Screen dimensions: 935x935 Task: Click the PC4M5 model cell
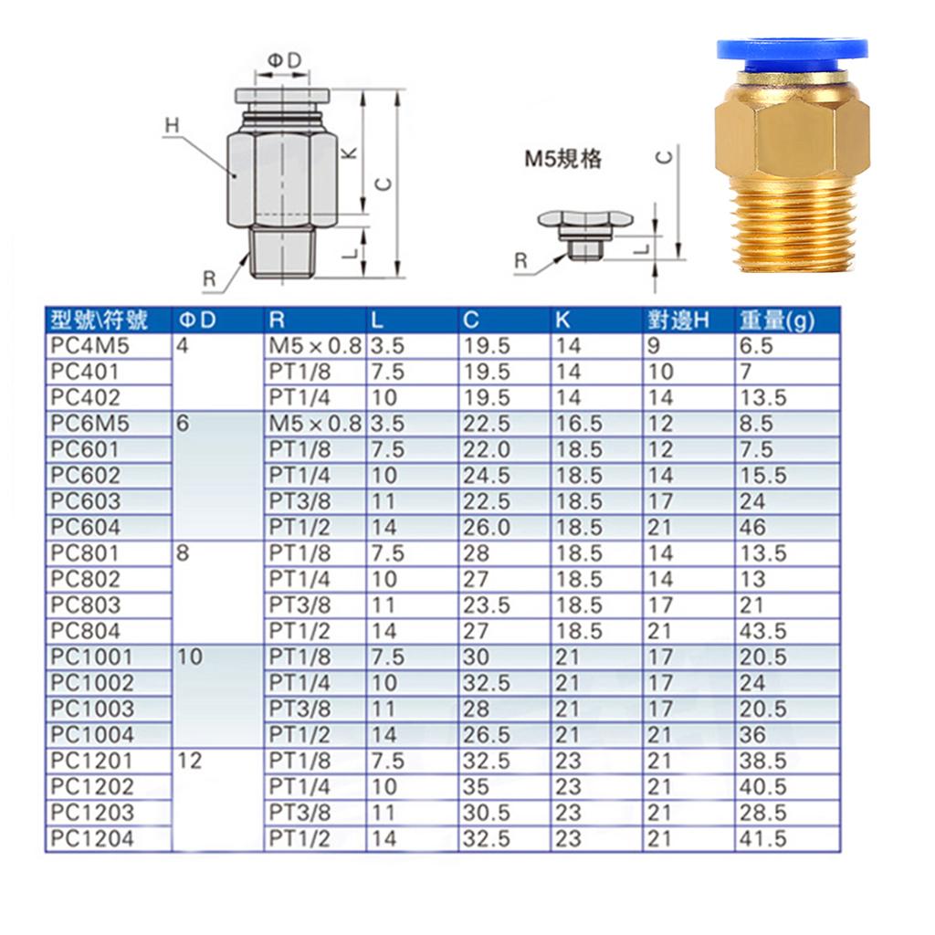point(89,346)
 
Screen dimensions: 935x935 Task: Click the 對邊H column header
point(678,320)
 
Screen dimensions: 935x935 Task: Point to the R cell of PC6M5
point(315,424)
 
